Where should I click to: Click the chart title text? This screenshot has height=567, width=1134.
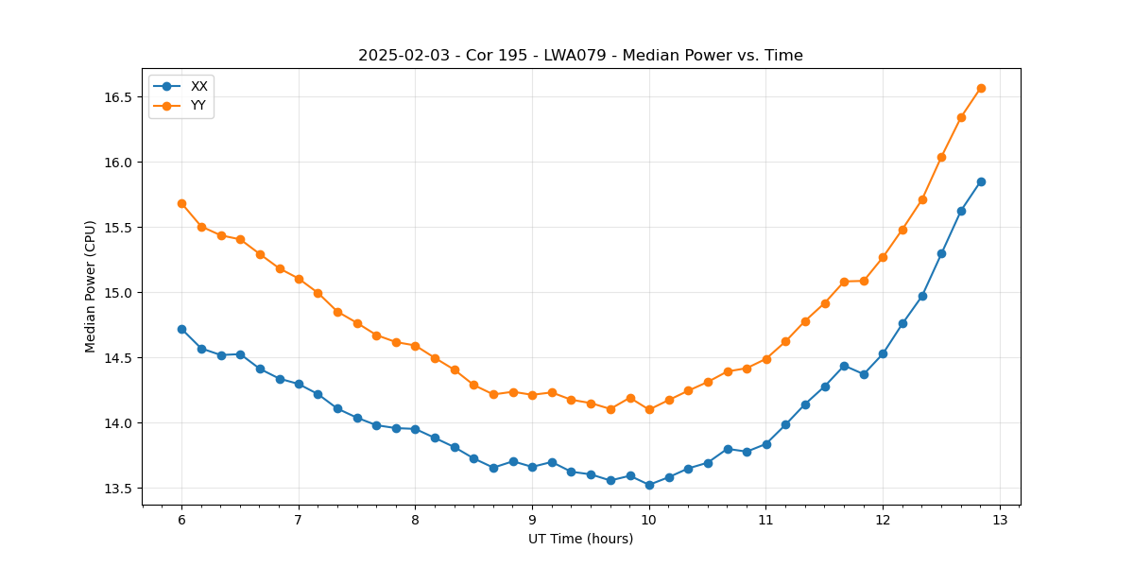tap(580, 56)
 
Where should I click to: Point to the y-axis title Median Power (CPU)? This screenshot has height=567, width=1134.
tap(91, 286)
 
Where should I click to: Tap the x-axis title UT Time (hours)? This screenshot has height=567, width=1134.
tap(580, 539)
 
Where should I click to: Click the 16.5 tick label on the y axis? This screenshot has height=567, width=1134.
tap(119, 97)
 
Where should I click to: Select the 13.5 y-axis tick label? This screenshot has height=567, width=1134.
tap(119, 489)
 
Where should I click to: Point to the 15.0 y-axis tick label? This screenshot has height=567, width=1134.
tap(119, 293)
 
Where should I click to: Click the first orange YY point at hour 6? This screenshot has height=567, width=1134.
tap(181, 203)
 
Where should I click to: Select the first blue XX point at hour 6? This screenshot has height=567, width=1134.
tap(181, 329)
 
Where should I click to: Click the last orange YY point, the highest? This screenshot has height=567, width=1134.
tap(981, 88)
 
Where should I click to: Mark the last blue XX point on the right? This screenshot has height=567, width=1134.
tap(981, 181)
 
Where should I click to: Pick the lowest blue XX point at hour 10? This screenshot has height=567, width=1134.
tap(649, 485)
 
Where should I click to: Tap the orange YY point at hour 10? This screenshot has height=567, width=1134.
tap(649, 409)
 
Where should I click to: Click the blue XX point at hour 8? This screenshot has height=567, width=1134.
tap(415, 429)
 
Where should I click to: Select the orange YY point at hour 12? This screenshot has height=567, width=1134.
tap(883, 257)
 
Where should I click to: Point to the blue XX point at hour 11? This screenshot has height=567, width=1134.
tap(766, 444)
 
